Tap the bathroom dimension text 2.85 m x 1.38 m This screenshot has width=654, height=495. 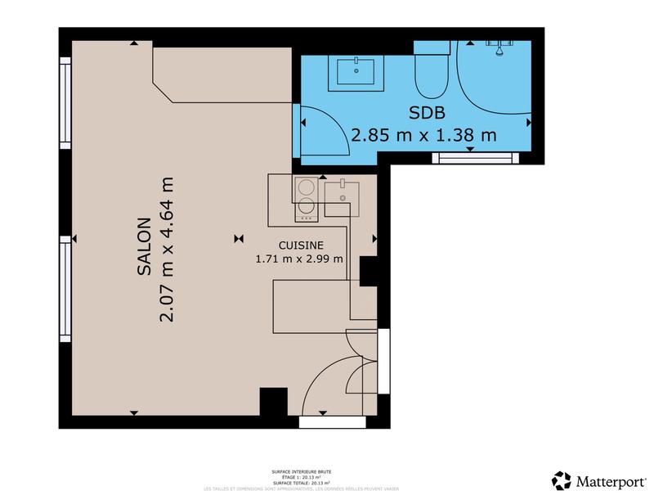[423, 135]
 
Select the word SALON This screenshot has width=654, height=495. [144, 245]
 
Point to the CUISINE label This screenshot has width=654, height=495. [301, 245]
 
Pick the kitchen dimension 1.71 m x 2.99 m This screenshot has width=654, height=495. [298, 260]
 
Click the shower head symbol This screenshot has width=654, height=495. [496, 45]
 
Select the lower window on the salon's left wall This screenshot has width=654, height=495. [65, 288]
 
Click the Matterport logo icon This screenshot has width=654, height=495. [562, 479]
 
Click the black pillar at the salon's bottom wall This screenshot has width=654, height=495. [271, 403]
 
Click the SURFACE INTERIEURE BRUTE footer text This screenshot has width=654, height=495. [302, 472]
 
